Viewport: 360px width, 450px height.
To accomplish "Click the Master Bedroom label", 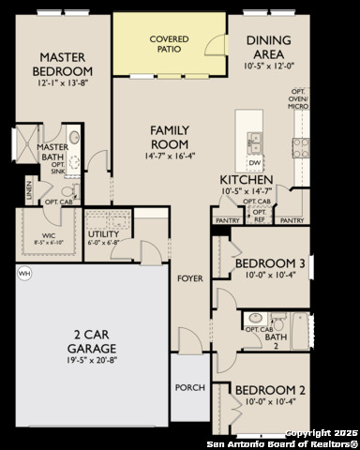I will (x=63, y=65).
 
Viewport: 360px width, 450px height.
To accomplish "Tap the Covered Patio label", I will (x=170, y=43).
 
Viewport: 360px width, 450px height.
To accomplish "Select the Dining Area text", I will (x=274, y=48).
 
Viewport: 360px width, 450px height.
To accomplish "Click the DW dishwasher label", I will (x=254, y=162).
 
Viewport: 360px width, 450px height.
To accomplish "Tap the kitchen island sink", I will (x=254, y=142).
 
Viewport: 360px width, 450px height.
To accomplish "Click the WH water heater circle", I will (x=23, y=273).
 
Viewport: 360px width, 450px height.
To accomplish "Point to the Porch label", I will (x=189, y=387).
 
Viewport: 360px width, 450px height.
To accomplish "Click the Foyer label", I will (x=190, y=278).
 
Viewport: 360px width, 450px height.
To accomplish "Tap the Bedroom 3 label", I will (x=270, y=265).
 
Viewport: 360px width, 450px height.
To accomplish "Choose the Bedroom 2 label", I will (x=270, y=389).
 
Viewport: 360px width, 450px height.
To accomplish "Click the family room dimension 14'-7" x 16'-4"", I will (x=172, y=158).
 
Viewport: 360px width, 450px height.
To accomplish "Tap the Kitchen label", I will (x=247, y=179).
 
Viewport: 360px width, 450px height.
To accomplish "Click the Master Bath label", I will (x=51, y=153).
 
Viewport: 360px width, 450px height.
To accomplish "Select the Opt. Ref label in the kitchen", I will (x=260, y=215).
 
